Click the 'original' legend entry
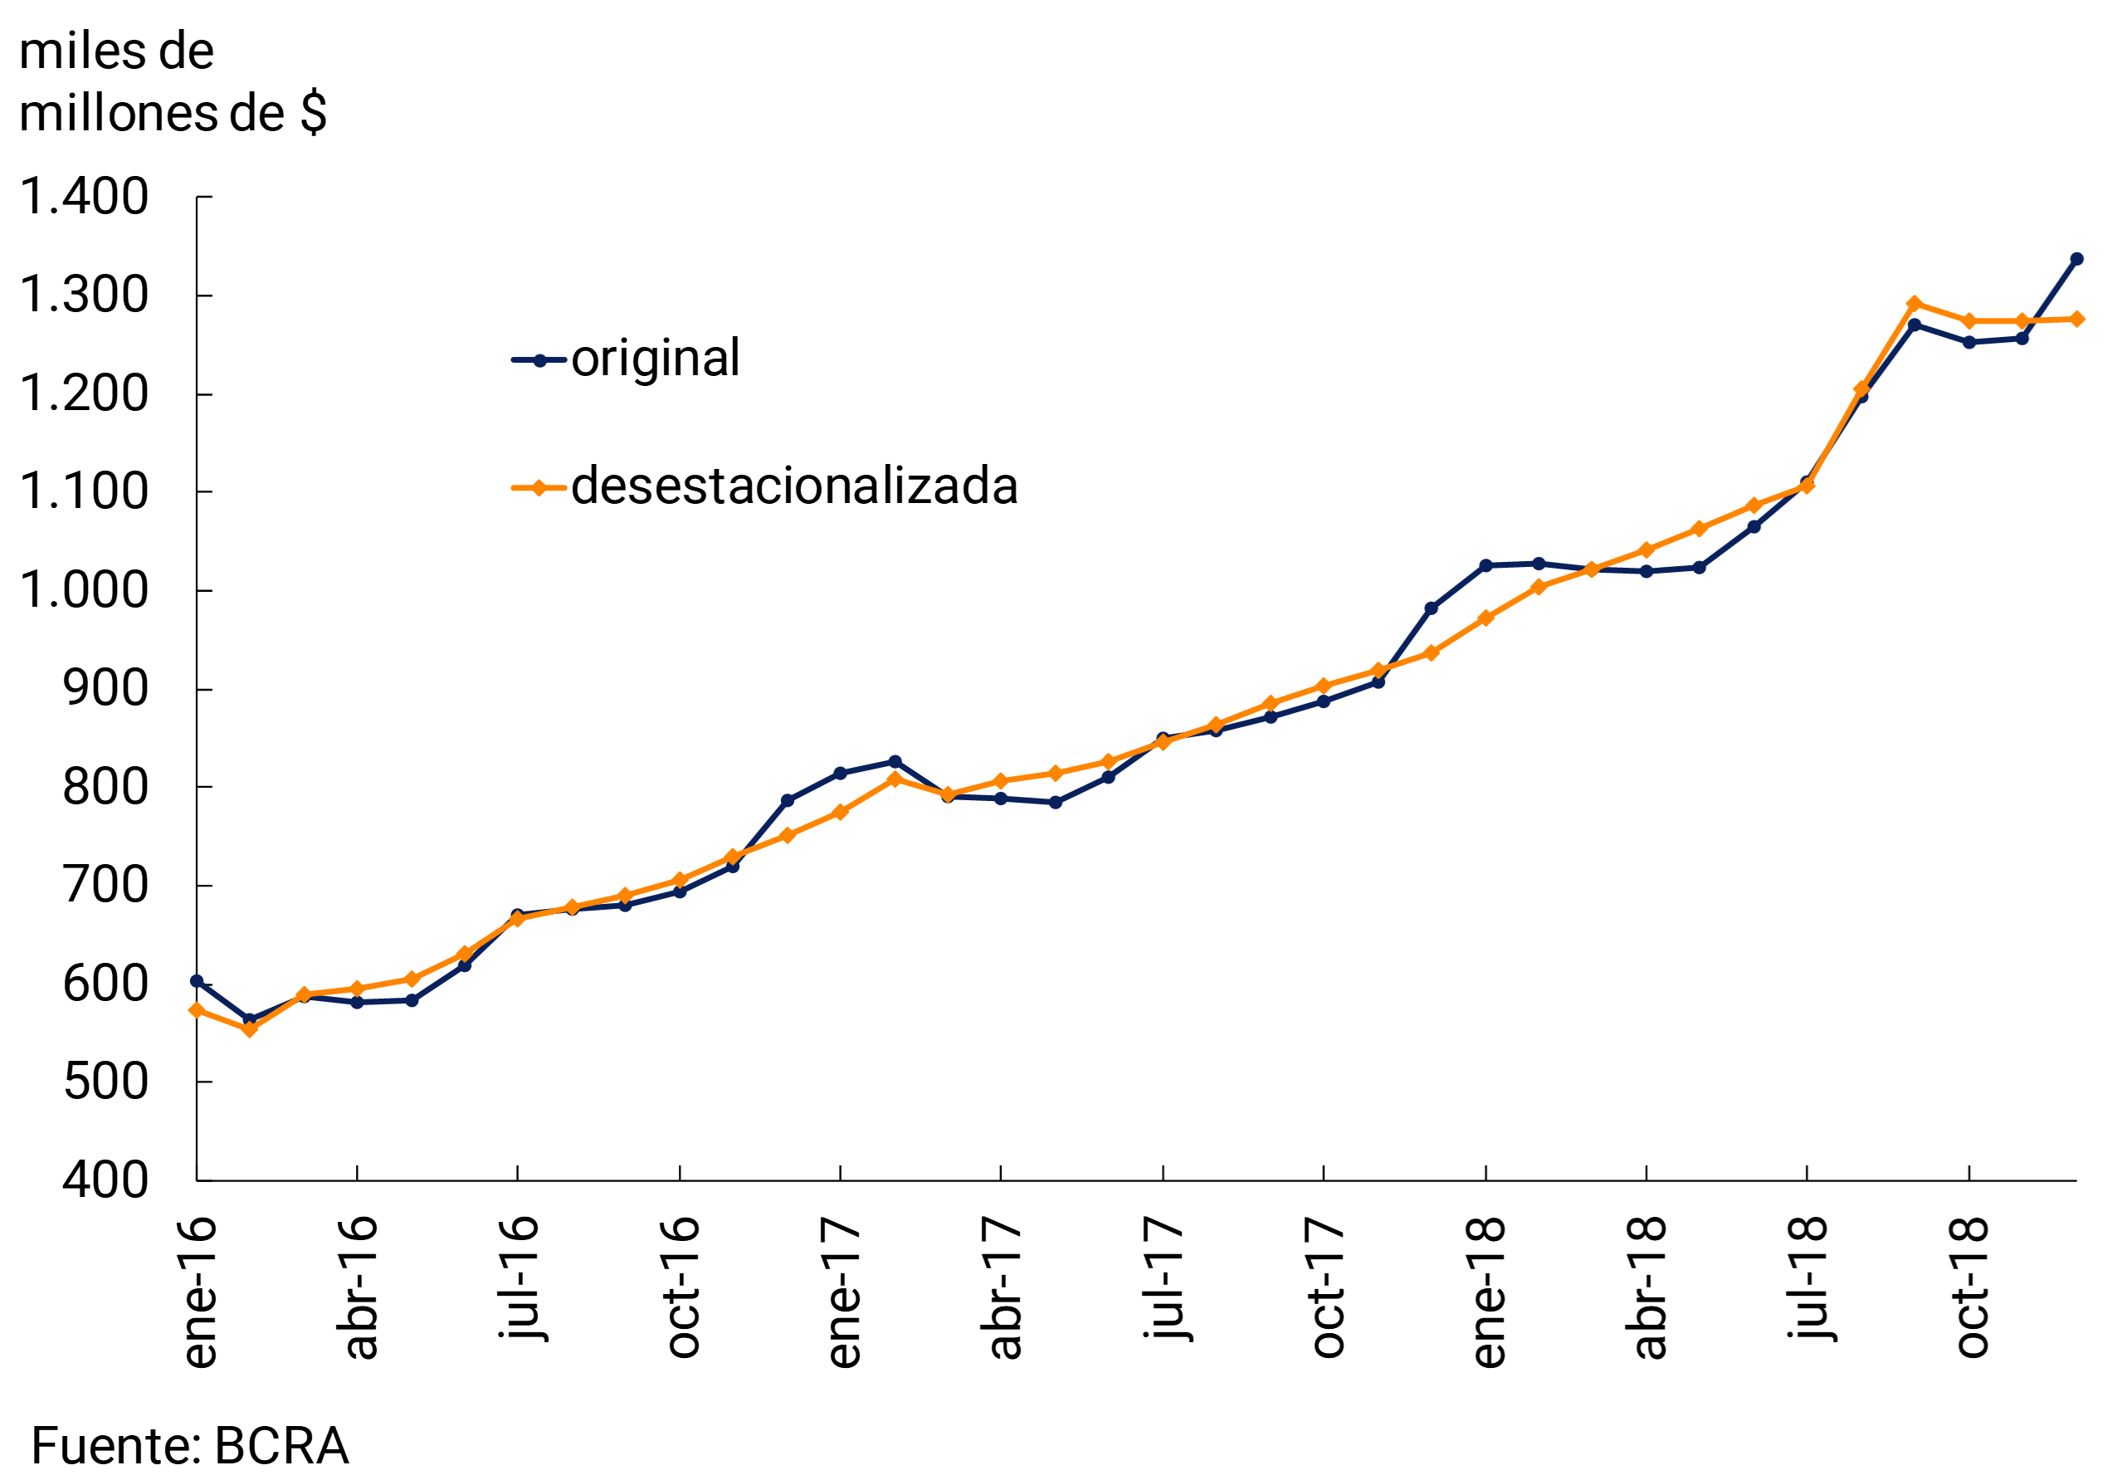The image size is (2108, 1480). coord(655,359)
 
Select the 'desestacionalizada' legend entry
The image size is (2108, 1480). coord(794,486)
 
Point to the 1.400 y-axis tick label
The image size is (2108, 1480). coord(84,198)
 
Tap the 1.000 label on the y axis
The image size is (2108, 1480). coord(84,590)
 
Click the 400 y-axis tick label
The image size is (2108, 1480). coord(105,1180)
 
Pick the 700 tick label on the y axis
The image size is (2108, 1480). coord(105,886)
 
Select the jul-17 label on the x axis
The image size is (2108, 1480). coord(1164,1278)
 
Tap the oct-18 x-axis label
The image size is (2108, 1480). coord(1970,1288)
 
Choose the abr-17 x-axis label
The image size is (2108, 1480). coord(1003,1288)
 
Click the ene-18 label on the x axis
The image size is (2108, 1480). coord(1487,1292)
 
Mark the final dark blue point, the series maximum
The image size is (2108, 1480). coord(2076,260)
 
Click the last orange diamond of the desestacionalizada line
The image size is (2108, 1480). coord(2077,320)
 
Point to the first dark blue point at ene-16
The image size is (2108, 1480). coord(197,981)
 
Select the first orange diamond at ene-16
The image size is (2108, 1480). coord(197,1010)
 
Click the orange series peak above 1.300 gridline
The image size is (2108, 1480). coord(1915,304)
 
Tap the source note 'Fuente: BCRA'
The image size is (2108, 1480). coord(190,1446)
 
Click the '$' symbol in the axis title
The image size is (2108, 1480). coord(313,114)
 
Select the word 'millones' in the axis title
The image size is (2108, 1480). coord(118,114)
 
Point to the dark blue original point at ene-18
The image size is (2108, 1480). coord(1486,565)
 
